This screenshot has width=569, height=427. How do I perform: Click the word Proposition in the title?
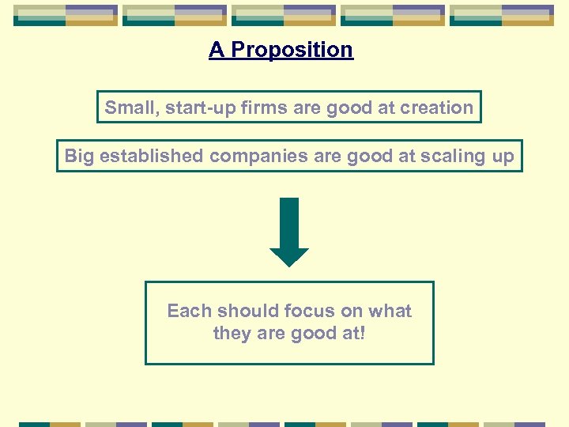tap(292, 50)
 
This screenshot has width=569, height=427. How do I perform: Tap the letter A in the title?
tap(217, 50)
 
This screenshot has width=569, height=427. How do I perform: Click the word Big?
tap(79, 156)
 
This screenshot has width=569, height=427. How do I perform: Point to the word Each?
tap(189, 311)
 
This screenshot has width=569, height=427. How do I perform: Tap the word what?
tap(390, 311)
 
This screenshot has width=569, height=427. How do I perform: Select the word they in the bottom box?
tap(232, 334)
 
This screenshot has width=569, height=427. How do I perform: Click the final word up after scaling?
tap(503, 157)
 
